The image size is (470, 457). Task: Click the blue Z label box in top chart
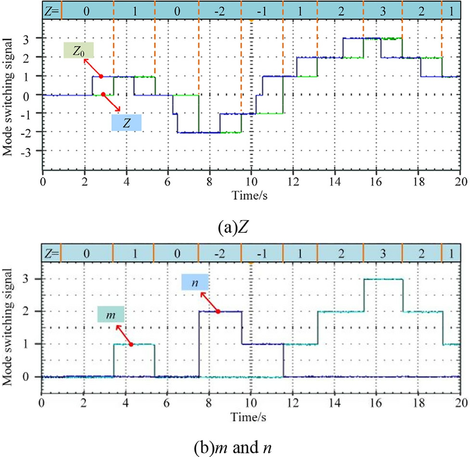click(127, 123)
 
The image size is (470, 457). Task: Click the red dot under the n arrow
click(218, 311)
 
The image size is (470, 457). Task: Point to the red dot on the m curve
click(131, 344)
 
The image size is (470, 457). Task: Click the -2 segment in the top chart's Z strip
click(220, 10)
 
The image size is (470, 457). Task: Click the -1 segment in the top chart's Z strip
click(262, 10)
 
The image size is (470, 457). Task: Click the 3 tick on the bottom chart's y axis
click(35, 279)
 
